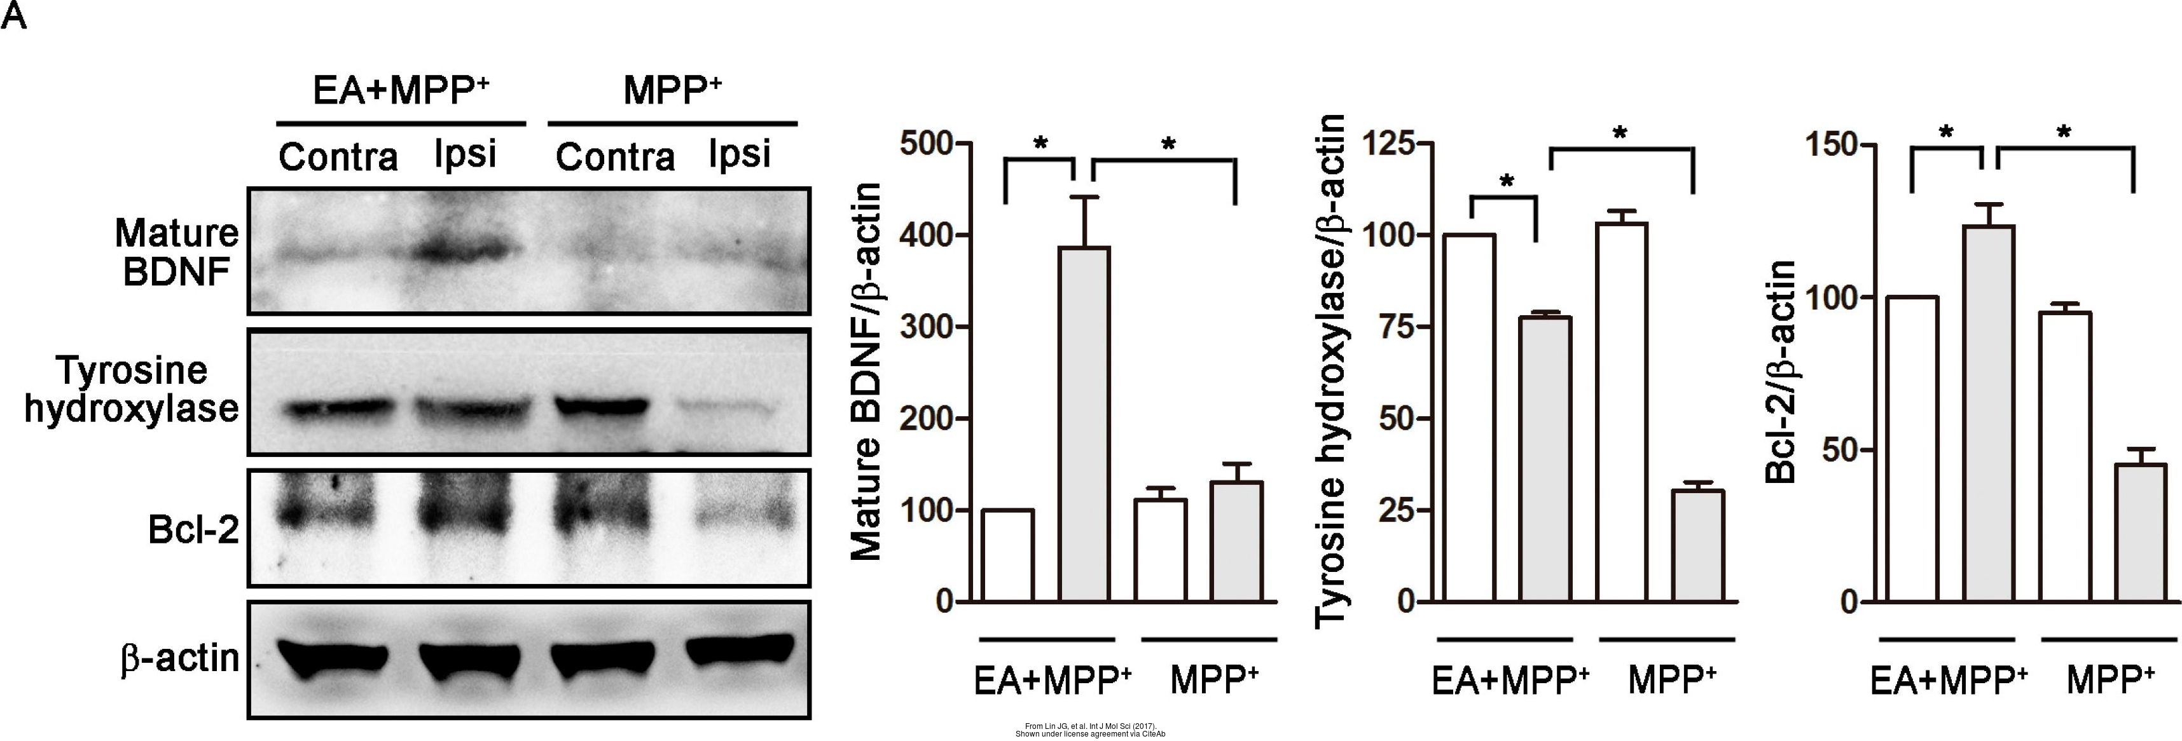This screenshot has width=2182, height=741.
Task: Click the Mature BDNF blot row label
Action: click(177, 252)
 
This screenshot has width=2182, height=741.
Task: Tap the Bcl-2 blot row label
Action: click(193, 530)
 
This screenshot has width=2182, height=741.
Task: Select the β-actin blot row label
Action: click(179, 658)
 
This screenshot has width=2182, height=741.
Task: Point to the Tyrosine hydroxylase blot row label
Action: click(131, 390)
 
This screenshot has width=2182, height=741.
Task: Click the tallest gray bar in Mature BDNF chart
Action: click(1085, 423)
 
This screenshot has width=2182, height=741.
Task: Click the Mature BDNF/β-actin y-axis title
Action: click(866, 372)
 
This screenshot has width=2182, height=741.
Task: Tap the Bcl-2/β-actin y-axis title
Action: click(1781, 372)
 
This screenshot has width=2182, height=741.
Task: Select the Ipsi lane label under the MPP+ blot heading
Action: click(740, 155)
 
